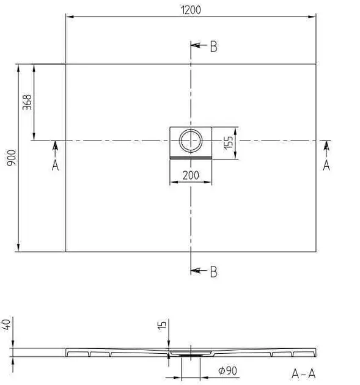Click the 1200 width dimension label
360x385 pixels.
tap(191, 10)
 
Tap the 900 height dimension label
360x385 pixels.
tap(11, 158)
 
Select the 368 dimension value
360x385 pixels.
tap(27, 102)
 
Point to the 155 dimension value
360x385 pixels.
tap(228, 142)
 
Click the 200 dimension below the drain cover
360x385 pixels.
tap(191, 175)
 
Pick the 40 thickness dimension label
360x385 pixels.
tap(6, 324)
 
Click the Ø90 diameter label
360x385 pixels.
tap(227, 370)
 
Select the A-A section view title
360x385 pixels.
tap(304, 374)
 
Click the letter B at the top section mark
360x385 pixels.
tap(214, 46)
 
